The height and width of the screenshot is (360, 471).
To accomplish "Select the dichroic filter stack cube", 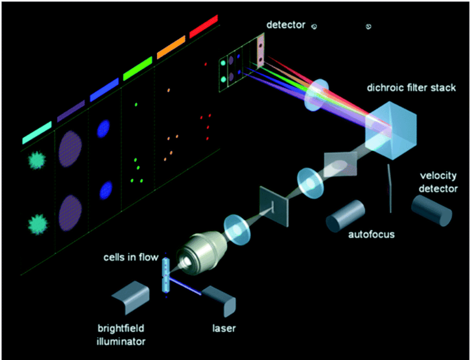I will pyautogui.click(x=392, y=128).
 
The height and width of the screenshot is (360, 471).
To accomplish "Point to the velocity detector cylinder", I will pyautogui.click(x=431, y=212).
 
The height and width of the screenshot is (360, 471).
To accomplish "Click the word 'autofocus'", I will pyautogui.click(x=371, y=234).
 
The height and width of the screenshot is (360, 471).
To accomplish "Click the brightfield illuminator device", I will pyautogui.click(x=131, y=298).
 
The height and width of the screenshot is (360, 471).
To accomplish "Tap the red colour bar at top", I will pyautogui.click(x=203, y=26).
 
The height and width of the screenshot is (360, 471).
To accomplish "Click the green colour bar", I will pyautogui.click(x=138, y=67).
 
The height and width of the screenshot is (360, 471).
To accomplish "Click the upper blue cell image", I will pyautogui.click(x=105, y=128).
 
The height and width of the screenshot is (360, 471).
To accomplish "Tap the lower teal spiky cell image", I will pyautogui.click(x=37, y=223).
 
